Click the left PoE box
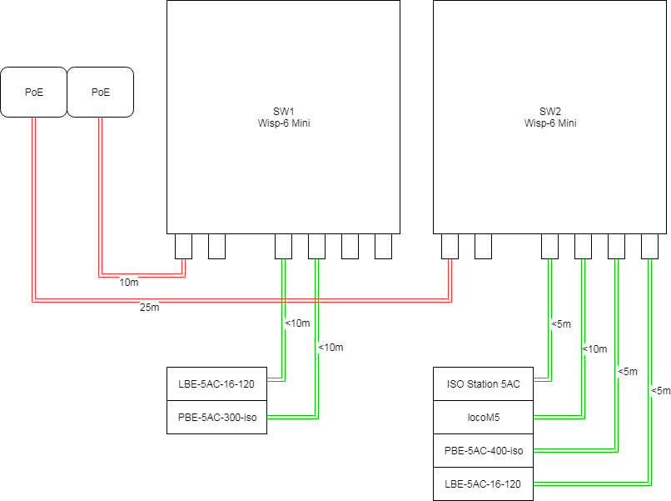point(33,92)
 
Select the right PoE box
point(100,92)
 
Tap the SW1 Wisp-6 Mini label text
point(284,118)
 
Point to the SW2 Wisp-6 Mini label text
point(550,118)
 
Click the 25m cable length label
point(149,308)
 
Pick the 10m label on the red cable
point(129,282)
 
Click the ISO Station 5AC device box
point(483,383)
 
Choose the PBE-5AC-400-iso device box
point(483,450)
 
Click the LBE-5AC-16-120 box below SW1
point(217,383)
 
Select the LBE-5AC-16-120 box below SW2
point(483,483)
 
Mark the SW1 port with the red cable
point(183,246)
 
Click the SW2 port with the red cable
point(450,246)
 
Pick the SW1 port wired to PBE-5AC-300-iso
point(316,246)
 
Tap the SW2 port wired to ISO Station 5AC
point(549,246)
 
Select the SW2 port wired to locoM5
point(583,246)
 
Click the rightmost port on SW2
point(649,246)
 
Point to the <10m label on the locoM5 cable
point(595,348)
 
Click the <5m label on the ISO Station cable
point(561,323)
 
